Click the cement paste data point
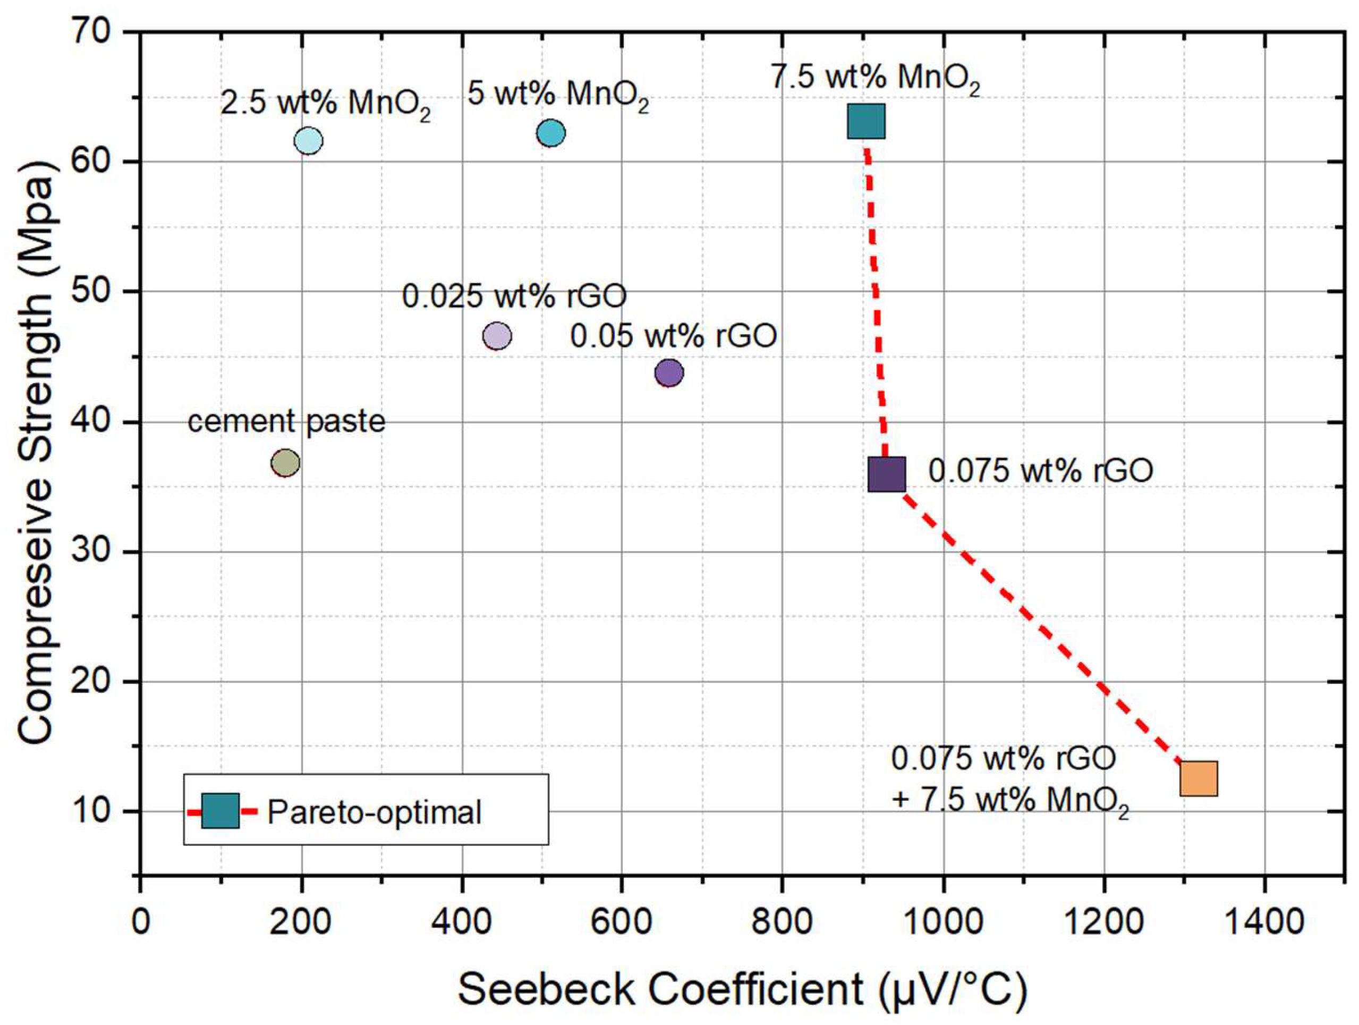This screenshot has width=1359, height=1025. pos(285,463)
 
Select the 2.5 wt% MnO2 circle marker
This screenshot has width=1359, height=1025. pos(309,141)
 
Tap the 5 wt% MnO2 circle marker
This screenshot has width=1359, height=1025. pos(551,133)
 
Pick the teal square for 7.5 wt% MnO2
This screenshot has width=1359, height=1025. pos(867,121)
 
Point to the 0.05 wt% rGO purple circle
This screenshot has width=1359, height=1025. pos(669,372)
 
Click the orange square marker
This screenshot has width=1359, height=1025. pos(1199,778)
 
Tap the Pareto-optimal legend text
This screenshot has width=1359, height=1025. pos(374,812)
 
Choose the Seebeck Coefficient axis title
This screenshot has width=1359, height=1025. pos(742,989)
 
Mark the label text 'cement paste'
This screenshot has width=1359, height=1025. pos(286,421)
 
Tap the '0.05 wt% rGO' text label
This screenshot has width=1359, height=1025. pos(673,337)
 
